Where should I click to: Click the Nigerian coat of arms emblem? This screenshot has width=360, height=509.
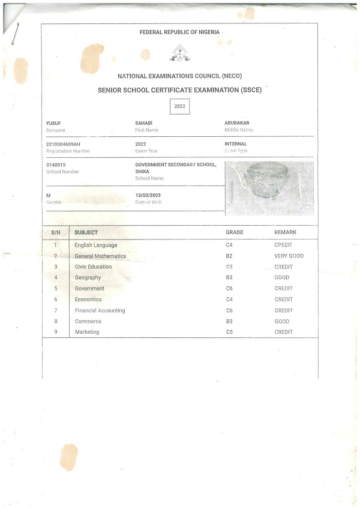pos(180,55)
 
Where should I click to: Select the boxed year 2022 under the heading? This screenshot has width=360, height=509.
pos(180,106)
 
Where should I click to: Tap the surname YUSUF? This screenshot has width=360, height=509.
pos(53,123)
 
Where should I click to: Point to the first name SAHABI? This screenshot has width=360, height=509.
pos(144,123)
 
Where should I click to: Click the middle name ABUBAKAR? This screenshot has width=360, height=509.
pos(237,123)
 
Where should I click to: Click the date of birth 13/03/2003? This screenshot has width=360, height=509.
pos(148,196)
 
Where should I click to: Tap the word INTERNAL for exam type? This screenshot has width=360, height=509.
pos(236,144)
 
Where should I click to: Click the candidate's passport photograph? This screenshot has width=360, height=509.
pos(269,187)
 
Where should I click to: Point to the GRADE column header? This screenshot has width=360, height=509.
pos(235,232)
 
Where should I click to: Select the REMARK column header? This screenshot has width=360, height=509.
pos(285,232)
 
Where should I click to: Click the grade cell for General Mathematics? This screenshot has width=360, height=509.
pos(229,256)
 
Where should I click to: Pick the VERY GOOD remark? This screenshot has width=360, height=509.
pos(289,256)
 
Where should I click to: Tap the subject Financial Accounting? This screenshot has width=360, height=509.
pos(100,310)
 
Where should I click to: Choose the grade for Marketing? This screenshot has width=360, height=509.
pos(229,332)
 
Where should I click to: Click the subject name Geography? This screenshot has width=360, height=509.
pos(88,278)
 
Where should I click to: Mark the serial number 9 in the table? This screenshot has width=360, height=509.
pos(56,332)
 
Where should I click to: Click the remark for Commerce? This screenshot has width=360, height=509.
pos(282,321)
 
